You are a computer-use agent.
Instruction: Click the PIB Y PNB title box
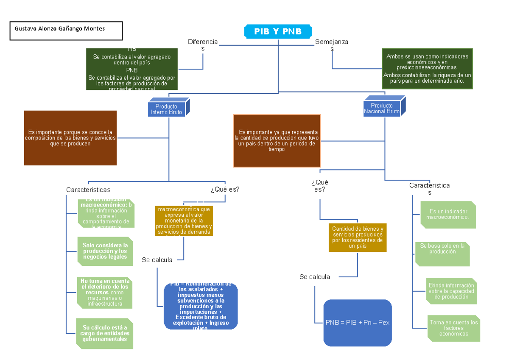click(278, 31)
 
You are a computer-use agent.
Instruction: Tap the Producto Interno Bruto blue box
click(167, 109)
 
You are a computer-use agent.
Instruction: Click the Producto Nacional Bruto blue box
click(382, 109)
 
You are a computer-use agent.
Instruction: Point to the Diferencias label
click(203, 45)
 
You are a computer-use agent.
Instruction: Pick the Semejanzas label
click(332, 45)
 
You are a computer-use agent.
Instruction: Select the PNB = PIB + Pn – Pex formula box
click(357, 323)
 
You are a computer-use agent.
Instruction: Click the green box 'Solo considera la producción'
click(105, 251)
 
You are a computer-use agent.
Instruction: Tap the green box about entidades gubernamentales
click(105, 333)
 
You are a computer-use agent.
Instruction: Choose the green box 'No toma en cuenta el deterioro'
click(105, 292)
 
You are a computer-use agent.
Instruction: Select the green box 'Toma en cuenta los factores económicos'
click(453, 328)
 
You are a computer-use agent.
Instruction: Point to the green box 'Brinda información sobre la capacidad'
click(451, 291)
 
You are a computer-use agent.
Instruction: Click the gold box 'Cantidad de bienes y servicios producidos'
click(358, 237)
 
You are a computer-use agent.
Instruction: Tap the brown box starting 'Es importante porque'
click(70, 138)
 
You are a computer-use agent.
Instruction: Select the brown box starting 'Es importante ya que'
click(277, 141)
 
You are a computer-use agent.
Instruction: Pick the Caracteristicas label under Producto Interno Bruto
click(88, 190)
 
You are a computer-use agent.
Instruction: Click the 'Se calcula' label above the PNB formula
click(314, 277)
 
